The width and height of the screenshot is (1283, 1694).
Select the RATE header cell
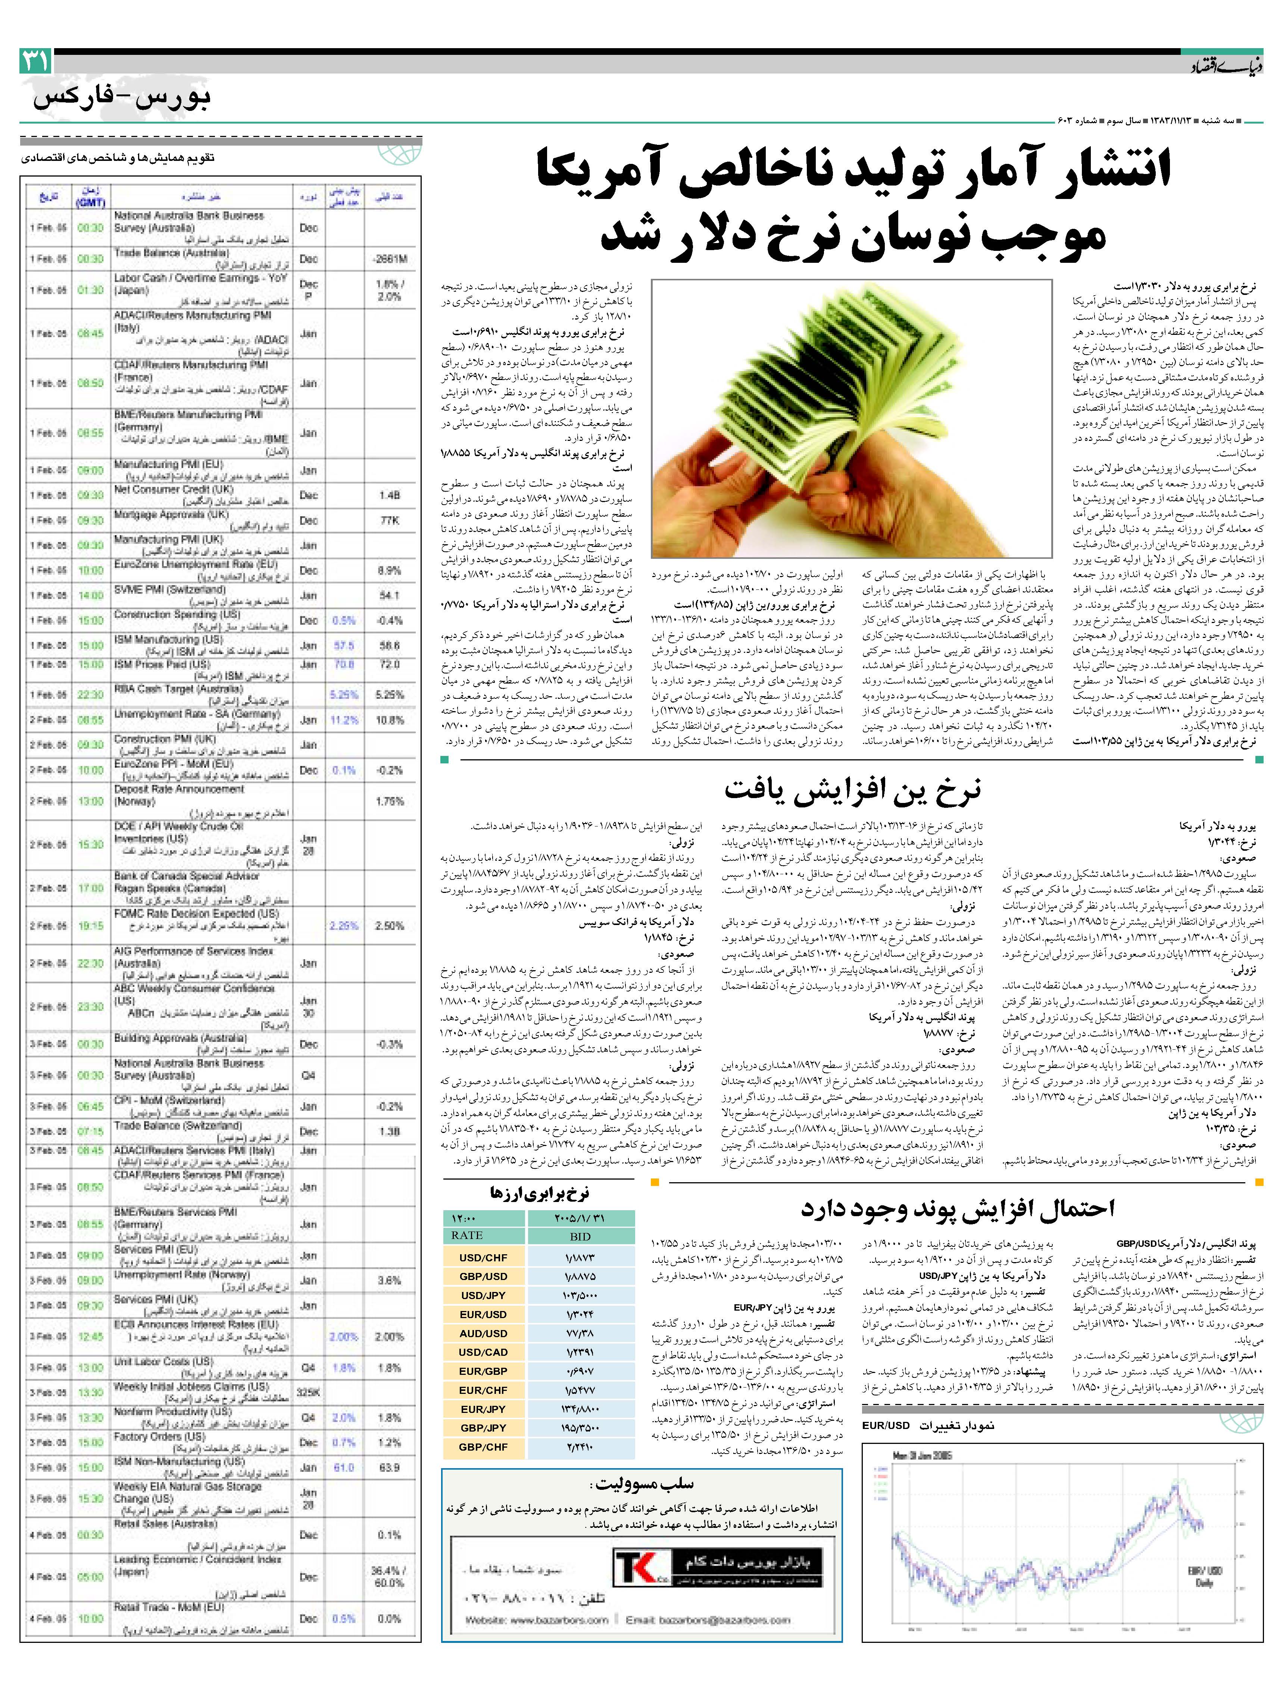tap(467, 1235)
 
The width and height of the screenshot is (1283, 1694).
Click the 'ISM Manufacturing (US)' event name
tap(168, 639)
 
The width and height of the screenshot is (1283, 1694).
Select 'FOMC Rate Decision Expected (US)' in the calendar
tap(197, 913)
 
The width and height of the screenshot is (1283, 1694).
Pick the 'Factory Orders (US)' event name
tap(159, 1437)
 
